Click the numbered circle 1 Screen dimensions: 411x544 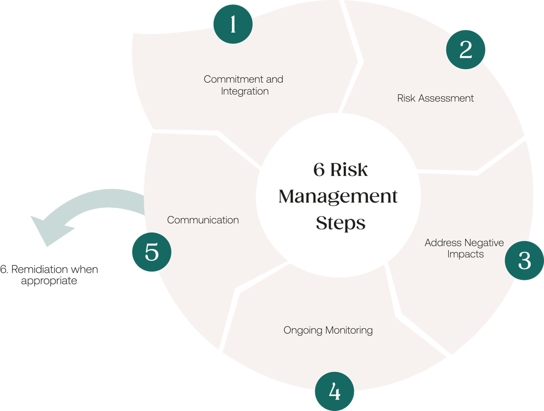(x=233, y=24)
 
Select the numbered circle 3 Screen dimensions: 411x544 (x=524, y=261)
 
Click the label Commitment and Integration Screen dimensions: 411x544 (x=244, y=85)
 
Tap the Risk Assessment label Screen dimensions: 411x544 (x=435, y=99)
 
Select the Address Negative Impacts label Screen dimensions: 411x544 (x=464, y=248)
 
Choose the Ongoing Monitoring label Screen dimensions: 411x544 (x=328, y=330)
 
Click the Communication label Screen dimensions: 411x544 (x=203, y=220)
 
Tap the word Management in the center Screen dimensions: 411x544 (x=338, y=197)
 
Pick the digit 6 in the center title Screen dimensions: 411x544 (x=319, y=170)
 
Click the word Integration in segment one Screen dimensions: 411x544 (x=245, y=91)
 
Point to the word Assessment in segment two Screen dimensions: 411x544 (x=446, y=99)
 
